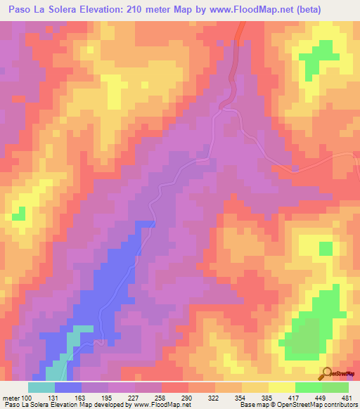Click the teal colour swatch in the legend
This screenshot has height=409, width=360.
[41, 387]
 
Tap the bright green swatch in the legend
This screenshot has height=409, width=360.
[308, 387]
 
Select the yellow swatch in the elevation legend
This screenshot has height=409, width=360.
[281, 387]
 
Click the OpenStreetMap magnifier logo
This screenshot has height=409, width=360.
[328, 374]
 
